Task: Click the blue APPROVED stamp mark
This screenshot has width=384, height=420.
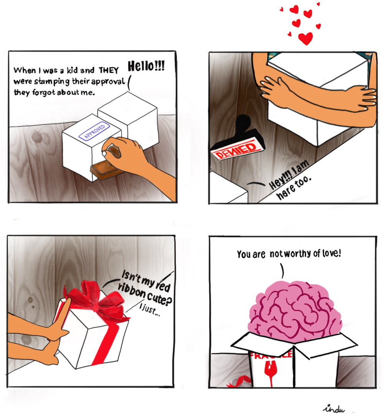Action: point(94,131)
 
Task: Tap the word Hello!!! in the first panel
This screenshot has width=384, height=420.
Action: point(146,66)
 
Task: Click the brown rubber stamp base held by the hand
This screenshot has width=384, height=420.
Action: point(107,171)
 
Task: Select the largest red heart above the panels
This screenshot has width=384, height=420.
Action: point(306,38)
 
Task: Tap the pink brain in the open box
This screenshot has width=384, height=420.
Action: point(295,311)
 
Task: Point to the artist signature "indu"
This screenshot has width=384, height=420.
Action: point(334,409)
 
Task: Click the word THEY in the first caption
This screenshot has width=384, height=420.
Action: point(109,70)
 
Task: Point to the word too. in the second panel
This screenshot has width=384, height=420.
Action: point(303,183)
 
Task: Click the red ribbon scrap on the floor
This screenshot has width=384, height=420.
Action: point(239,382)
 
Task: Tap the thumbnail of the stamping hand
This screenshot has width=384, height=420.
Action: point(104,153)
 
